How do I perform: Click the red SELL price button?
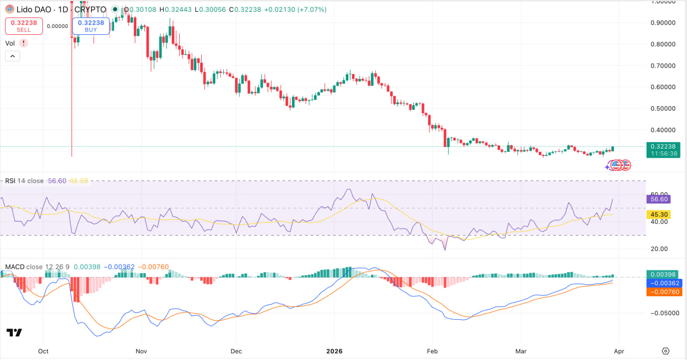pyautogui.click(x=23, y=26)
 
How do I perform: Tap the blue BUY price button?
pyautogui.click(x=91, y=26)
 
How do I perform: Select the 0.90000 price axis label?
pyautogui.click(x=662, y=23)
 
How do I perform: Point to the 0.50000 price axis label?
pyautogui.click(x=662, y=108)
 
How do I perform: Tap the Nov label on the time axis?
pyautogui.click(x=141, y=351)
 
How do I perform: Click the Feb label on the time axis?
pyautogui.click(x=431, y=351)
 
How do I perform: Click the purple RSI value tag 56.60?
pyautogui.click(x=659, y=199)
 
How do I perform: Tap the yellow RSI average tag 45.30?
pyautogui.click(x=659, y=214)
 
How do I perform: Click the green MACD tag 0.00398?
pyautogui.click(x=664, y=274)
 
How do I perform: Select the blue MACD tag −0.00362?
pyautogui.click(x=664, y=283)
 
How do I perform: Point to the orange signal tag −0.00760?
pyautogui.click(x=664, y=292)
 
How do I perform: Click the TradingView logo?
pyautogui.click(x=14, y=333)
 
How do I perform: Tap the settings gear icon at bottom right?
pyautogui.click(x=666, y=351)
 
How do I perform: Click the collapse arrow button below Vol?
pyautogui.click(x=12, y=56)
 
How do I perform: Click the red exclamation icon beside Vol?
pyautogui.click(x=24, y=43)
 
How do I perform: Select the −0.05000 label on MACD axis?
pyautogui.click(x=662, y=313)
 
